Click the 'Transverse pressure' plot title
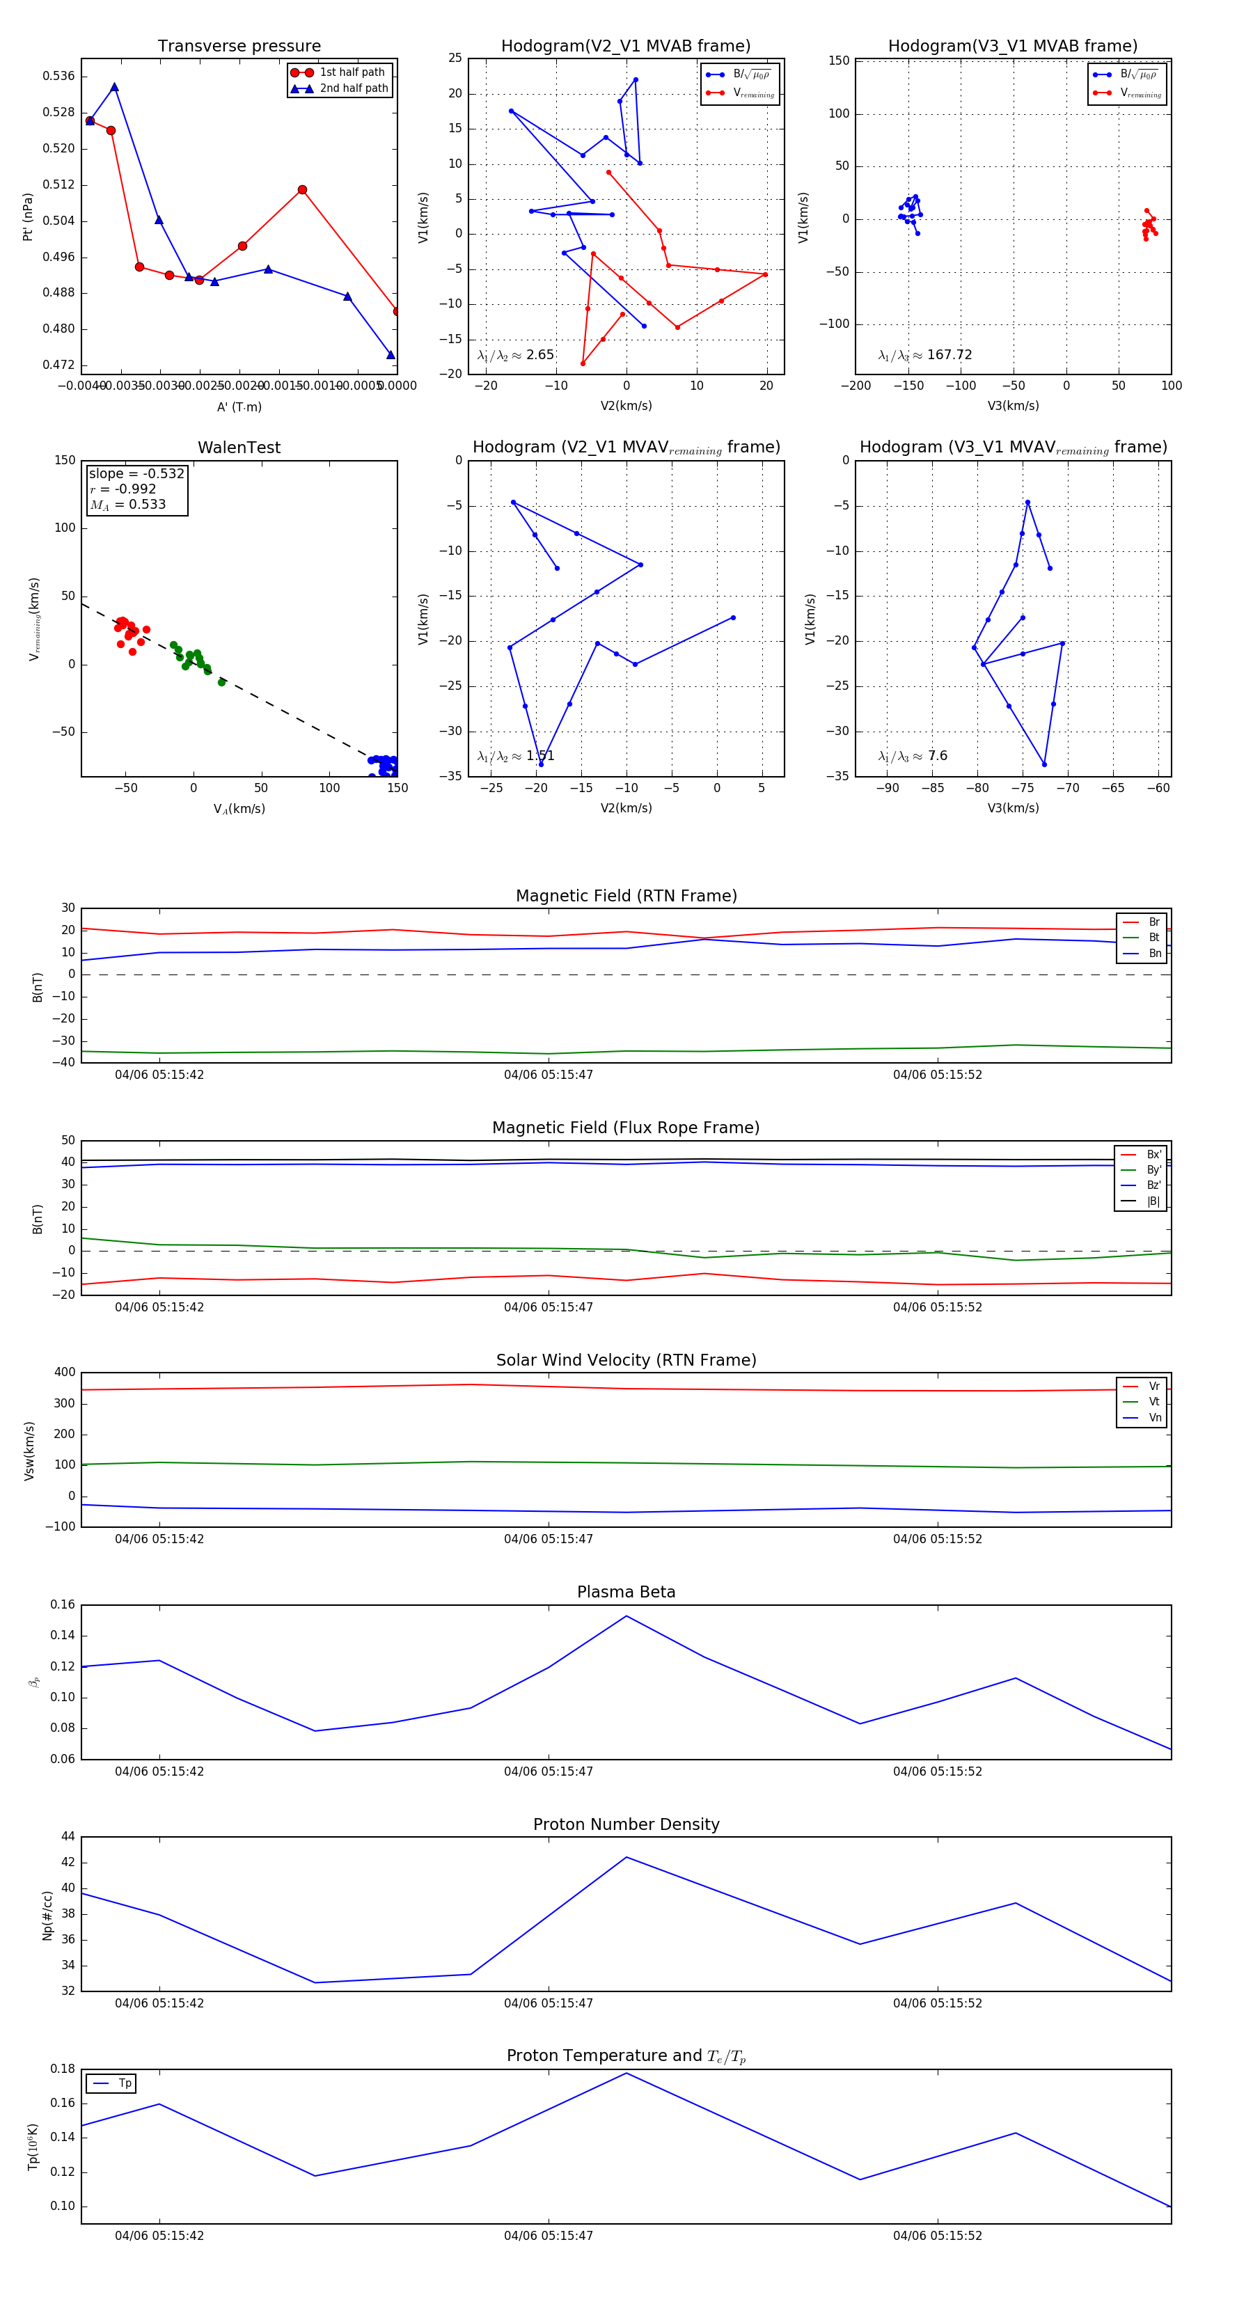tap(239, 47)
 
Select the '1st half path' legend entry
tap(352, 72)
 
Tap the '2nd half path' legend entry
tap(353, 88)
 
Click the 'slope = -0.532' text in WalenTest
tap(136, 473)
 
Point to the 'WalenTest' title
tap(239, 448)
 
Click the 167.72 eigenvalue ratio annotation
tap(925, 355)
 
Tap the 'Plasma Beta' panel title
tap(626, 1593)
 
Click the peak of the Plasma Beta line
tap(626, 1616)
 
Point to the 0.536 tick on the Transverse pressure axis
tap(59, 76)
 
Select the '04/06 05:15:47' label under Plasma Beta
tap(548, 1771)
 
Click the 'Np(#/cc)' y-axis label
tap(47, 1916)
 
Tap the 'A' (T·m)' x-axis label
tap(239, 407)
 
